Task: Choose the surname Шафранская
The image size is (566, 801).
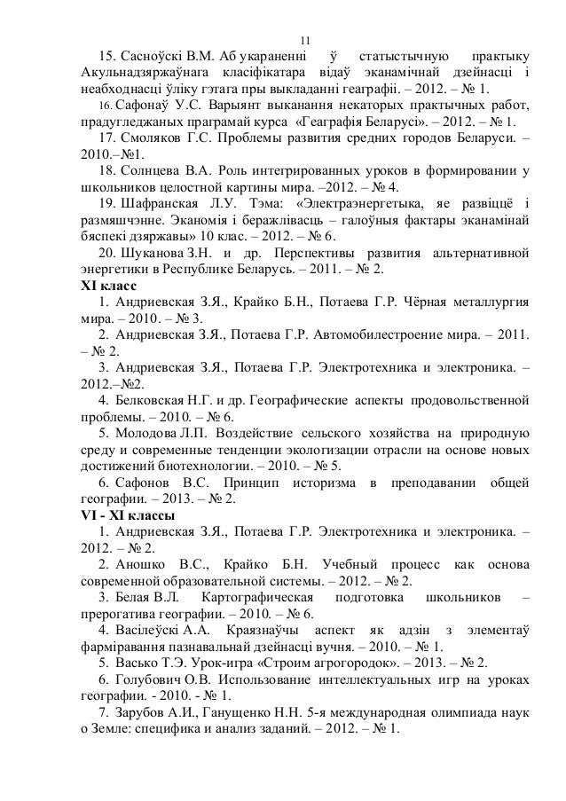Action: [x=166, y=204]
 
